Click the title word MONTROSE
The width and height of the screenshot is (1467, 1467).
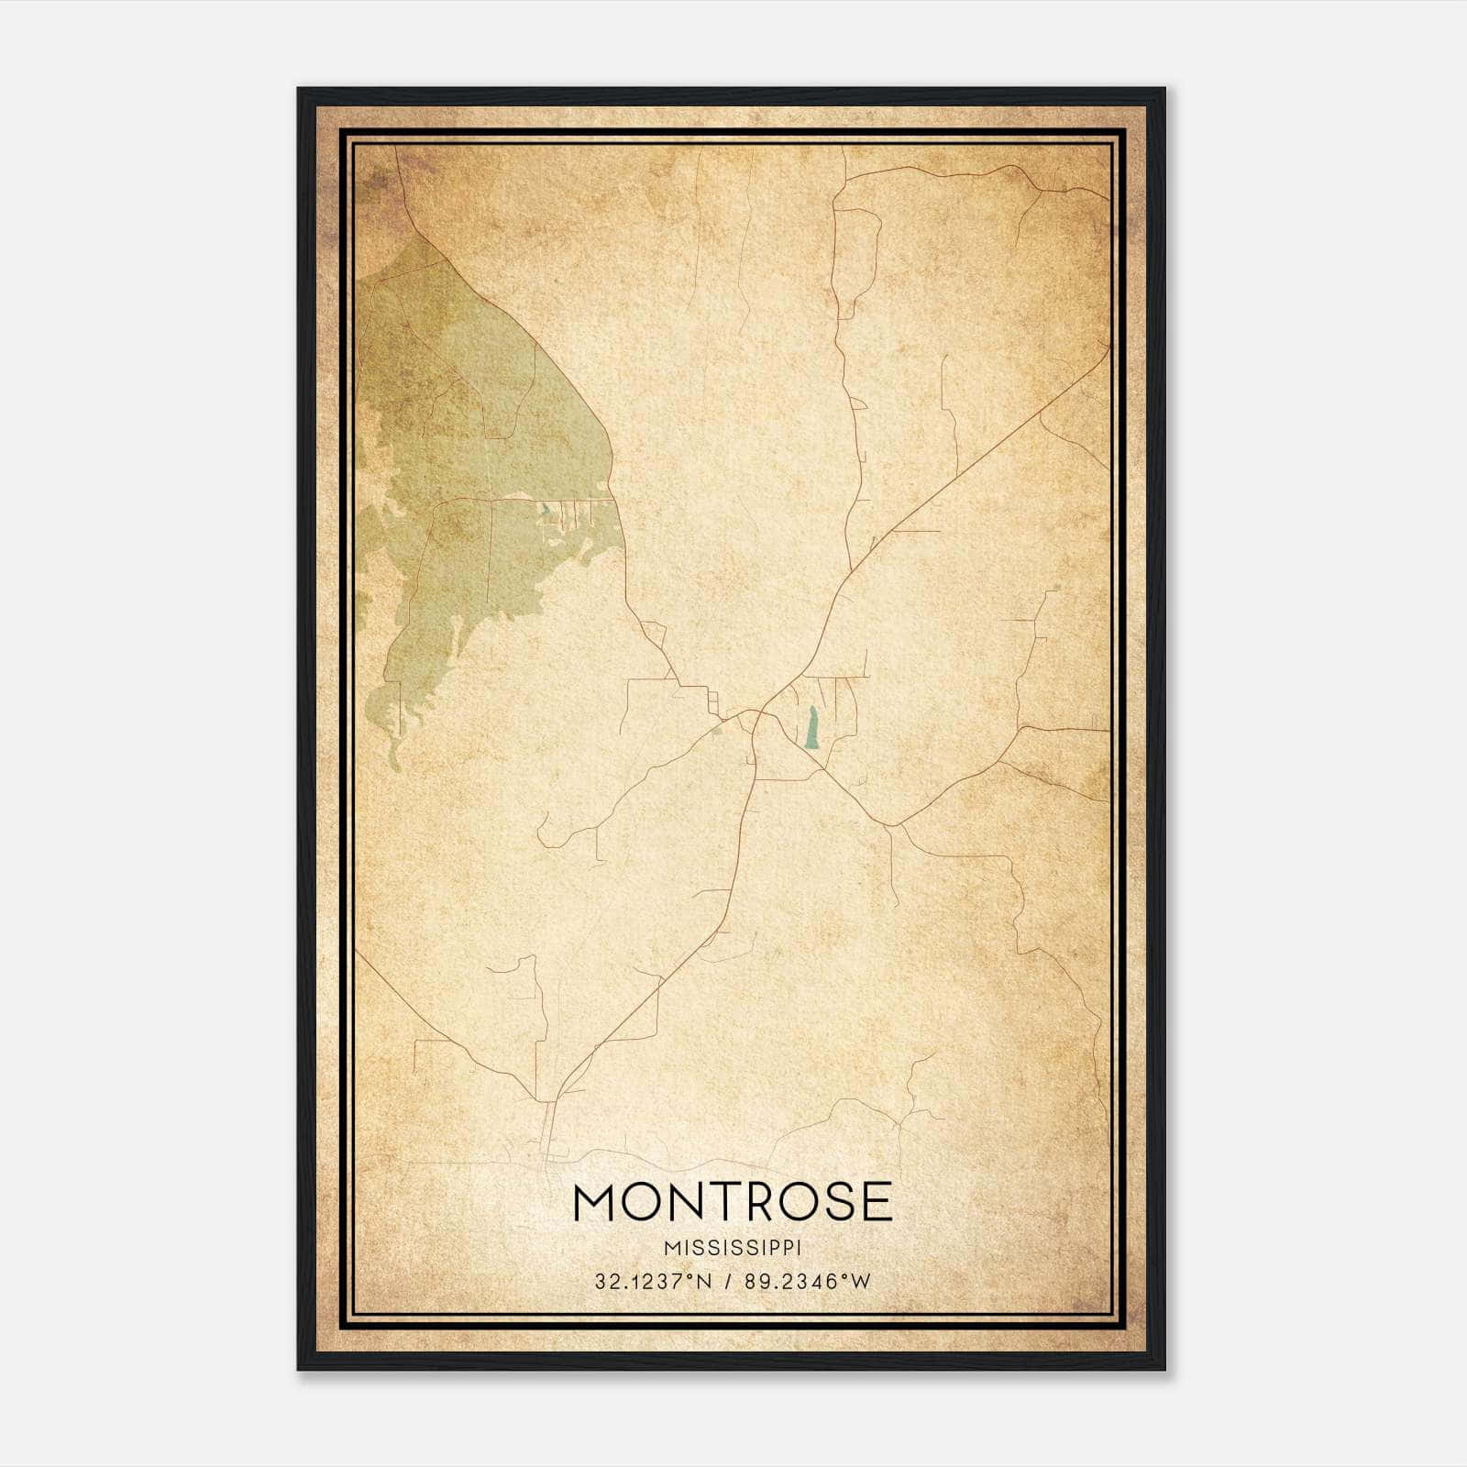pyautogui.click(x=733, y=1202)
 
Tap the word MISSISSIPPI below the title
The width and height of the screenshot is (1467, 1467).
pyautogui.click(x=733, y=1248)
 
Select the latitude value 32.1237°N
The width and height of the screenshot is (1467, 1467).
pyautogui.click(x=653, y=1282)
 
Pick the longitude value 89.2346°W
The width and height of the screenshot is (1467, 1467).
pyautogui.click(x=807, y=1282)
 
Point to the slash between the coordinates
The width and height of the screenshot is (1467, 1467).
pyautogui.click(x=728, y=1282)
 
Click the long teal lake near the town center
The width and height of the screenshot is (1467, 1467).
pyautogui.click(x=811, y=728)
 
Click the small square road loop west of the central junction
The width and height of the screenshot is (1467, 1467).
pyautogui.click(x=712, y=703)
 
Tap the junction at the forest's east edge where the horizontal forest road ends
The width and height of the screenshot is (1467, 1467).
pyautogui.click(x=612, y=500)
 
